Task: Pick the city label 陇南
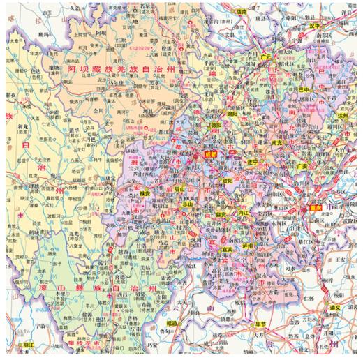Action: point(242,12)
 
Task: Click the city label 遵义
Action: point(335,308)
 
